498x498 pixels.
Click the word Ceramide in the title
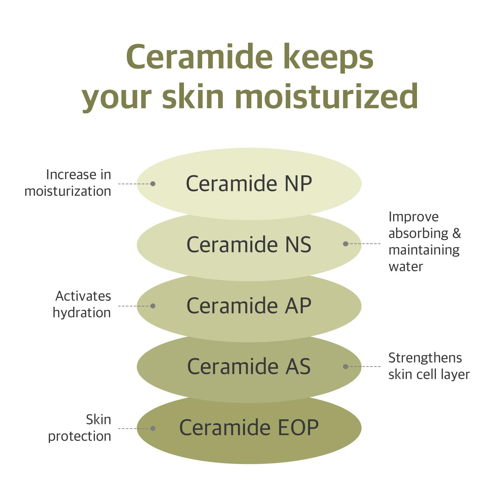tap(199, 57)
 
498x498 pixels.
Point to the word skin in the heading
tap(193, 97)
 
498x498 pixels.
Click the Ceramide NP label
tap(249, 184)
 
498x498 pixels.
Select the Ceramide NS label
tap(249, 245)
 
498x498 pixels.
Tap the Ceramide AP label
tap(249, 306)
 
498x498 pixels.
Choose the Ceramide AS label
tap(249, 367)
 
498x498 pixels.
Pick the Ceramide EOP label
tap(249, 428)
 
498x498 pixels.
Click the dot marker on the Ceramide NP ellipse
tap(153, 184)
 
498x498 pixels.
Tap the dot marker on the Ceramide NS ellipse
tap(346, 244)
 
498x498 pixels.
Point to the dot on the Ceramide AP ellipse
tap(153, 306)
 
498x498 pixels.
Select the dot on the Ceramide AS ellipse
tap(346, 367)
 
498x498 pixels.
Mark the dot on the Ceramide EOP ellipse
tap(153, 428)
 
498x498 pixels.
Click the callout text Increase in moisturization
tap(68, 183)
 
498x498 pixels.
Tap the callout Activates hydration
tap(82, 304)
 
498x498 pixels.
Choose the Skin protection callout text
tap(80, 428)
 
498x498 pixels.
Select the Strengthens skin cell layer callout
tap(429, 366)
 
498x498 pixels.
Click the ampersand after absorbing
tap(457, 233)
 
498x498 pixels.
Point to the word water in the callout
tap(406, 267)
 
